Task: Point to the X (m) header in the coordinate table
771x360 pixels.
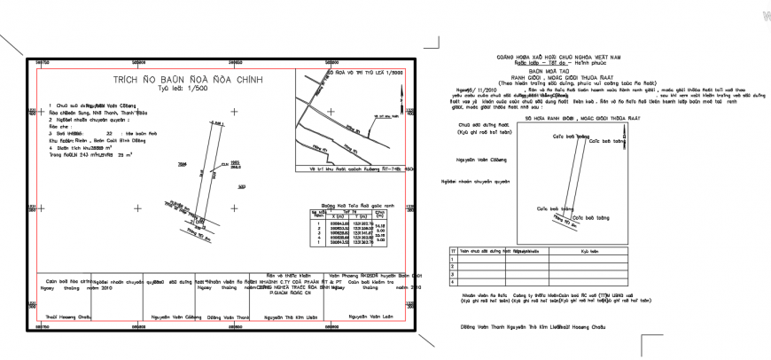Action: pyautogui.click(x=337, y=215)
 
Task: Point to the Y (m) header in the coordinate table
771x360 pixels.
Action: pyautogui.click(x=360, y=215)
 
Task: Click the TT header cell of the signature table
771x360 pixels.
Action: pyautogui.click(x=453, y=251)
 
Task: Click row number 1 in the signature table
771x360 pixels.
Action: pyautogui.click(x=453, y=260)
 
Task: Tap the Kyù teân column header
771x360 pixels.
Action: pyautogui.click(x=590, y=251)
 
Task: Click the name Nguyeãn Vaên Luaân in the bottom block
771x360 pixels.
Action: pyautogui.click(x=370, y=316)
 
